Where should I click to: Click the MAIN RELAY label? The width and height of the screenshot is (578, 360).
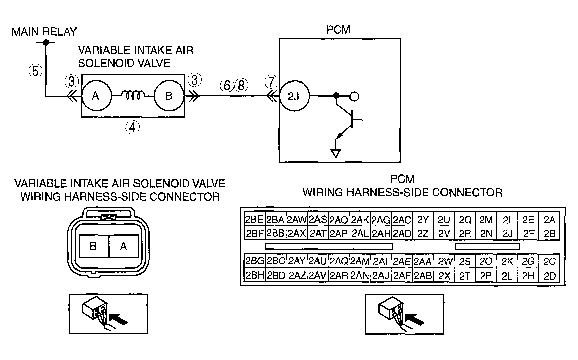coord(44,32)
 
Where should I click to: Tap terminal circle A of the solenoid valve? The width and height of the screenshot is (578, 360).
coord(96,96)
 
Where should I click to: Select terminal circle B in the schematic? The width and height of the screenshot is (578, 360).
coord(169,96)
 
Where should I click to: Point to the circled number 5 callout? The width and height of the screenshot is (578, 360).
coord(35,71)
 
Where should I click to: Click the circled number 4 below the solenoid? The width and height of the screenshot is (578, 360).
coord(132,128)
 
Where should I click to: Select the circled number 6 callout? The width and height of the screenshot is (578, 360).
coord(227,85)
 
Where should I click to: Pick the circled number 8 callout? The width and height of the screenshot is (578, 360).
coord(241,85)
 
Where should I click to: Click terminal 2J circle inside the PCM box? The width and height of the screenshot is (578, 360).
coord(294,97)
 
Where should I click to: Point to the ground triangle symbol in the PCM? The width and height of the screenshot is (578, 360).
coord(336,154)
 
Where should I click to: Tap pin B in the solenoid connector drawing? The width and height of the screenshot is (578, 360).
coord(93,246)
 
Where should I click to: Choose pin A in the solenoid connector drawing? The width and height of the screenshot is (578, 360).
coord(123,246)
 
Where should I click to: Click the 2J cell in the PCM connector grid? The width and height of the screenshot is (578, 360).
coord(507,233)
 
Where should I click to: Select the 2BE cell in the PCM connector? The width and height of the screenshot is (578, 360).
coord(254,220)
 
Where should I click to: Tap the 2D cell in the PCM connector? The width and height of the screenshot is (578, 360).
coord(549,276)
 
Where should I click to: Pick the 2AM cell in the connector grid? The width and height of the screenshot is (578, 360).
coord(360,261)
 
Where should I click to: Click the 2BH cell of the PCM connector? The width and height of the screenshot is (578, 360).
coord(254,276)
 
